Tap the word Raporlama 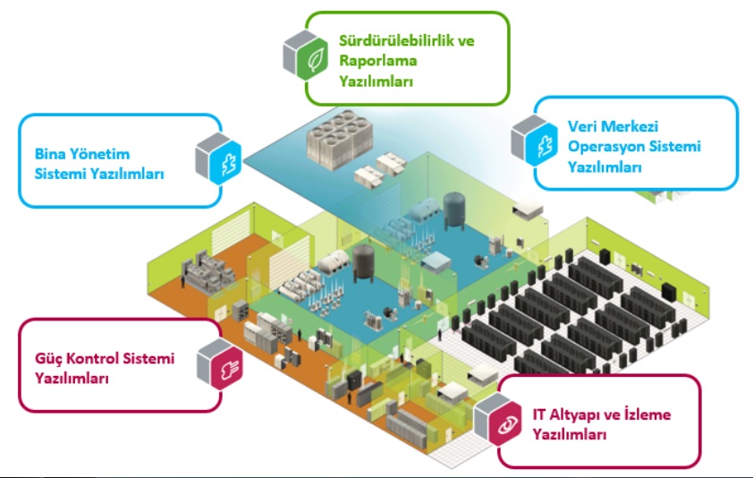pos(378,61)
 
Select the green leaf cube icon pos(306,55)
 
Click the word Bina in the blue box pos(49,154)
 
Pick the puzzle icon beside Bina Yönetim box pos(218,158)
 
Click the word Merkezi pos(630,126)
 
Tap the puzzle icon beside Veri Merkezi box pos(534,141)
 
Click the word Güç pos(47,359)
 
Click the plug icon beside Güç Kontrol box pos(220,364)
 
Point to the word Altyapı pos(582,415)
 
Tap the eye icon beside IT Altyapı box pos(497,419)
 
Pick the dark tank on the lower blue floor pos(363,262)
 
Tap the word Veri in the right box pos(581,126)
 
